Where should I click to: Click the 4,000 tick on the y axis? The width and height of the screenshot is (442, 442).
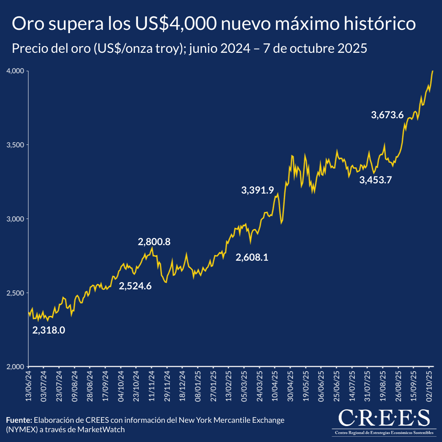click(x=14, y=71)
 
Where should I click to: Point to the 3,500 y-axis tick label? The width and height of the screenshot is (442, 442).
click(x=14, y=145)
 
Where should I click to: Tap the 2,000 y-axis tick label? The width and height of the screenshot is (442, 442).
click(x=14, y=367)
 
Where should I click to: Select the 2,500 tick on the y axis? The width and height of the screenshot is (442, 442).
click(x=14, y=293)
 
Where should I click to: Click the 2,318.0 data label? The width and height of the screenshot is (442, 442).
click(x=49, y=330)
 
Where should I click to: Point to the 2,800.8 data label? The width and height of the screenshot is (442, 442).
click(x=154, y=242)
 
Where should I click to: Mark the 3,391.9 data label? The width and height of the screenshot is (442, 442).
click(x=257, y=190)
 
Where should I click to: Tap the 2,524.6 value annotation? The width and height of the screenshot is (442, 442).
click(x=135, y=286)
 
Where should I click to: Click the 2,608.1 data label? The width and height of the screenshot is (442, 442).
click(x=252, y=257)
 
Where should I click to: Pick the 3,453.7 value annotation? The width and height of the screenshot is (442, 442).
click(x=376, y=180)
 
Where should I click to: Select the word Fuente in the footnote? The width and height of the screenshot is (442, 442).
click(x=19, y=420)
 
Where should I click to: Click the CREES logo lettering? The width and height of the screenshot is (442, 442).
click(x=384, y=418)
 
